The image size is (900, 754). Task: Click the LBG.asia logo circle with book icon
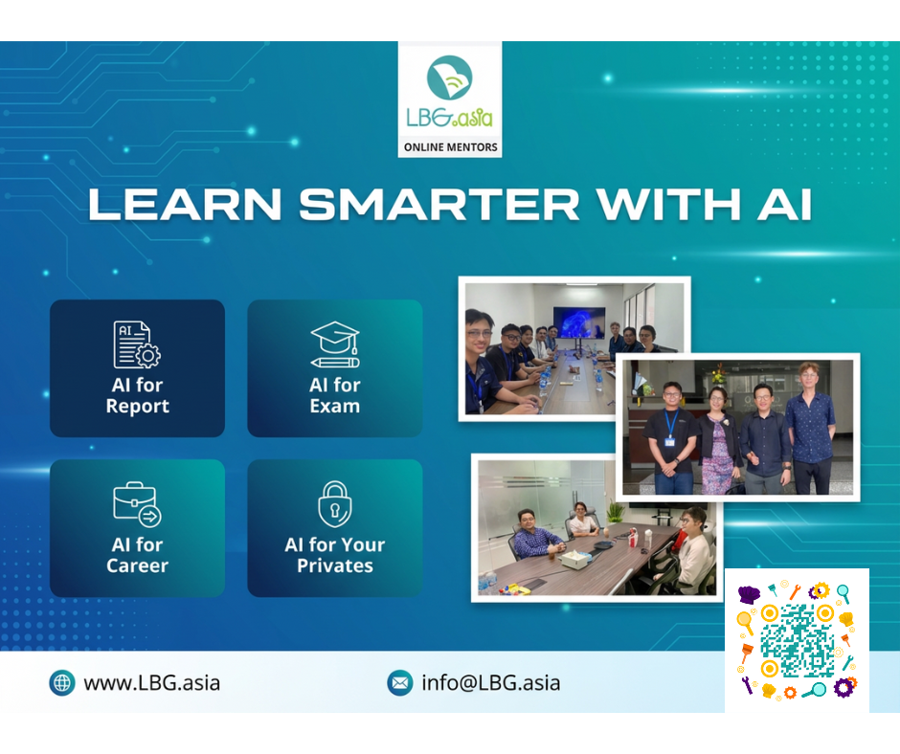[449, 77]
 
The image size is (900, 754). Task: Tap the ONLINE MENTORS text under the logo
[451, 147]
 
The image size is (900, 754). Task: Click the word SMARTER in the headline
[439, 204]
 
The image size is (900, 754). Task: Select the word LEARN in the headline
[185, 204]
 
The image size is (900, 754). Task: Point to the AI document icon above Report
[137, 344]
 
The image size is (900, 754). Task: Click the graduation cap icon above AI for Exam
[335, 344]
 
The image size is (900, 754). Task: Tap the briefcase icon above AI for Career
[137, 504]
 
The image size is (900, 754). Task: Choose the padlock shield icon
[335, 504]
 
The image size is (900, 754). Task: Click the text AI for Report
[138, 395]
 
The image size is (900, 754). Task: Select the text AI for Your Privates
[335, 555]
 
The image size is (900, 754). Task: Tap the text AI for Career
[138, 555]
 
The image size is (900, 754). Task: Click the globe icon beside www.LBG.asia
[62, 683]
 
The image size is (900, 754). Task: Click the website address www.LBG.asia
[151, 683]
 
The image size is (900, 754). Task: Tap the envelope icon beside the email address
[400, 683]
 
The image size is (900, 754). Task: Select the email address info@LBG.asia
[491, 683]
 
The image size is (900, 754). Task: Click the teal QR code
[798, 641]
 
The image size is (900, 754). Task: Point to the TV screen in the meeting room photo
[578, 322]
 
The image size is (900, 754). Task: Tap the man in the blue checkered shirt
[537, 536]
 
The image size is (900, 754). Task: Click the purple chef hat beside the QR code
[749, 594]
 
